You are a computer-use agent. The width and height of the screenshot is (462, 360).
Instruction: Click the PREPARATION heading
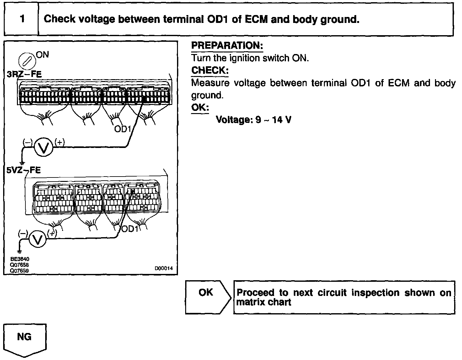pyautogui.click(x=227, y=46)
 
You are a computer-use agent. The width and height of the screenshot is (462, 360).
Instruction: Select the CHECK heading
pyautogui.click(x=210, y=70)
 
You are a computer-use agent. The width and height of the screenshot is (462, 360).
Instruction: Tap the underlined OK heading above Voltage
pyautogui.click(x=200, y=107)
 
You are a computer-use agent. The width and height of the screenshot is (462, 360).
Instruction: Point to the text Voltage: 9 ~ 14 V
pyautogui.click(x=254, y=120)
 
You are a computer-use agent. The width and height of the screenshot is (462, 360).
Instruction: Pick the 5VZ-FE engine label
pyautogui.click(x=24, y=170)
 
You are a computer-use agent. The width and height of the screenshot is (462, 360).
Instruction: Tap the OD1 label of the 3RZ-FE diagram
pyautogui.click(x=122, y=129)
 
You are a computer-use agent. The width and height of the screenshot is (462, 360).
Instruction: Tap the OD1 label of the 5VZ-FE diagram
pyautogui.click(x=130, y=229)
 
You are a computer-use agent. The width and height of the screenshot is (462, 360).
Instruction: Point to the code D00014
pyautogui.click(x=164, y=269)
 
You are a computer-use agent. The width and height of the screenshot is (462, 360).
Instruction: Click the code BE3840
pyautogui.click(x=19, y=259)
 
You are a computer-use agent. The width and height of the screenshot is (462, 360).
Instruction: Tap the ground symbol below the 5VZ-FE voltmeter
pyautogui.click(x=20, y=251)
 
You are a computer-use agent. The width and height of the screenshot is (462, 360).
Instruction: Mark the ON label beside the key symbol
pyautogui.click(x=42, y=55)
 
